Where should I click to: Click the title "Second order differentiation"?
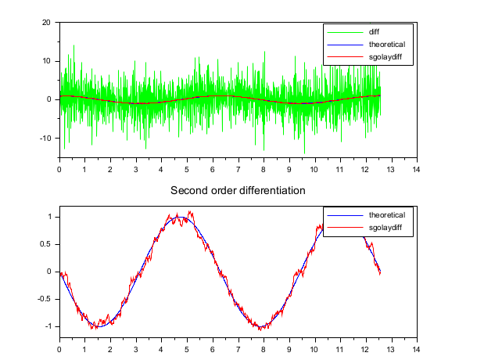(x=238, y=190)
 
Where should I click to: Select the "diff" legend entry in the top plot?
(x=375, y=32)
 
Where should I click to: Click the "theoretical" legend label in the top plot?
(x=386, y=45)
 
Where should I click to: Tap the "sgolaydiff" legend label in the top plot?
(x=386, y=57)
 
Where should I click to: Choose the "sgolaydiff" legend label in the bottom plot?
(x=386, y=228)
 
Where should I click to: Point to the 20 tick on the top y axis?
(x=46, y=22)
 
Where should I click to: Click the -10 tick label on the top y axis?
(x=45, y=138)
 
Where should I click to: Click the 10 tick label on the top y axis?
(x=46, y=60)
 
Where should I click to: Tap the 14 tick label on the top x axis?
(x=417, y=168)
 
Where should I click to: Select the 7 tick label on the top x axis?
(x=238, y=168)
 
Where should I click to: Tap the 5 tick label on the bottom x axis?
(x=187, y=348)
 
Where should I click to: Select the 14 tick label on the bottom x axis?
(x=417, y=348)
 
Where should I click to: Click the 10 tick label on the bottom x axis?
(x=314, y=348)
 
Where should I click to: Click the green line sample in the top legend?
(x=345, y=32)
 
